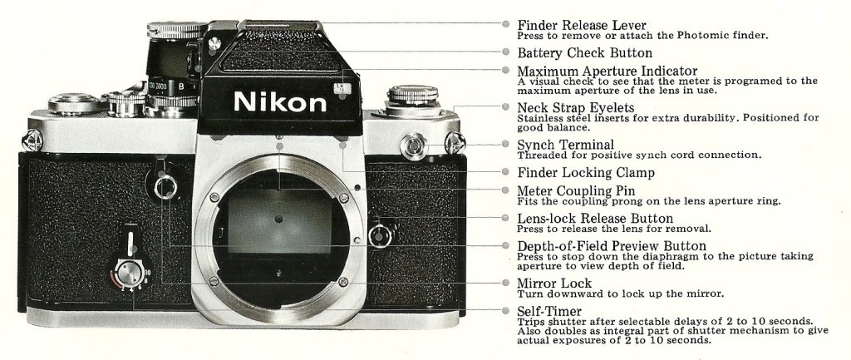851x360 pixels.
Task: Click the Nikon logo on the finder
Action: point(280,102)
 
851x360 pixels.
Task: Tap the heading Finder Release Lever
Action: point(581,25)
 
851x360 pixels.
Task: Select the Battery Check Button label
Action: point(584,52)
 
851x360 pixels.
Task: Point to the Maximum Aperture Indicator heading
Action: point(607,71)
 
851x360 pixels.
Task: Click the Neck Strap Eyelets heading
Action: point(575,107)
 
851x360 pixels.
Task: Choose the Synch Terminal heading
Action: point(565,145)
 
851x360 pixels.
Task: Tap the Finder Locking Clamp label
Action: point(586,173)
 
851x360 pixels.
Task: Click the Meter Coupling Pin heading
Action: point(576,190)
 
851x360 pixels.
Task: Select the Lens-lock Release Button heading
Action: point(595,219)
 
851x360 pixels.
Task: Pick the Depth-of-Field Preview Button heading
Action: point(612,246)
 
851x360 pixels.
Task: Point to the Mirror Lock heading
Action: point(554,283)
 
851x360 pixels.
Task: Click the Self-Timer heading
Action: point(548,311)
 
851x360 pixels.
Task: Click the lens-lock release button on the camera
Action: point(379,235)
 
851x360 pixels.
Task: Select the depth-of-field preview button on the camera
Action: point(165,187)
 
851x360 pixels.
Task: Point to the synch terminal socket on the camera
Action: point(414,145)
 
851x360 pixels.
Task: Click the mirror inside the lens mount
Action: point(279,221)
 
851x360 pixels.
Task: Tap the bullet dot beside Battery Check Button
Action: point(505,52)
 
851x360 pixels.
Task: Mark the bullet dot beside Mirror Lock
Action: point(505,283)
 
